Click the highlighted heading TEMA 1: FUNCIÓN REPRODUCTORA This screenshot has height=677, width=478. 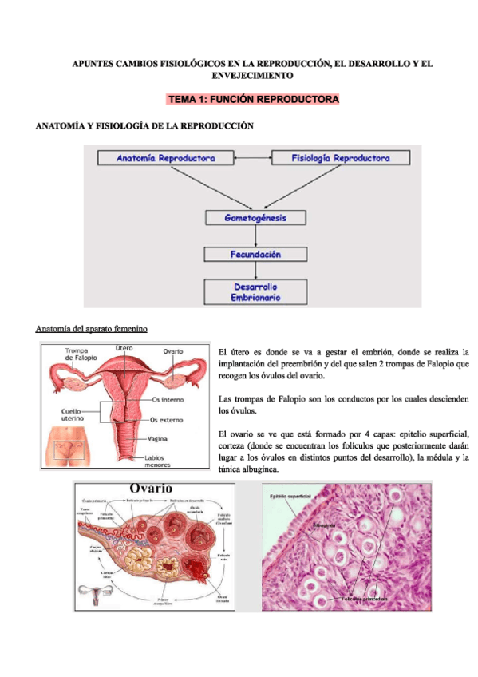coord(252,100)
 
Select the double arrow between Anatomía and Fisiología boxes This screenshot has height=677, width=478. coord(249,158)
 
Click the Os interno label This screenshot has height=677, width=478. coord(167,399)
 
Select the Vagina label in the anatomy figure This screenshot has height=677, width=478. coord(158,438)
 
